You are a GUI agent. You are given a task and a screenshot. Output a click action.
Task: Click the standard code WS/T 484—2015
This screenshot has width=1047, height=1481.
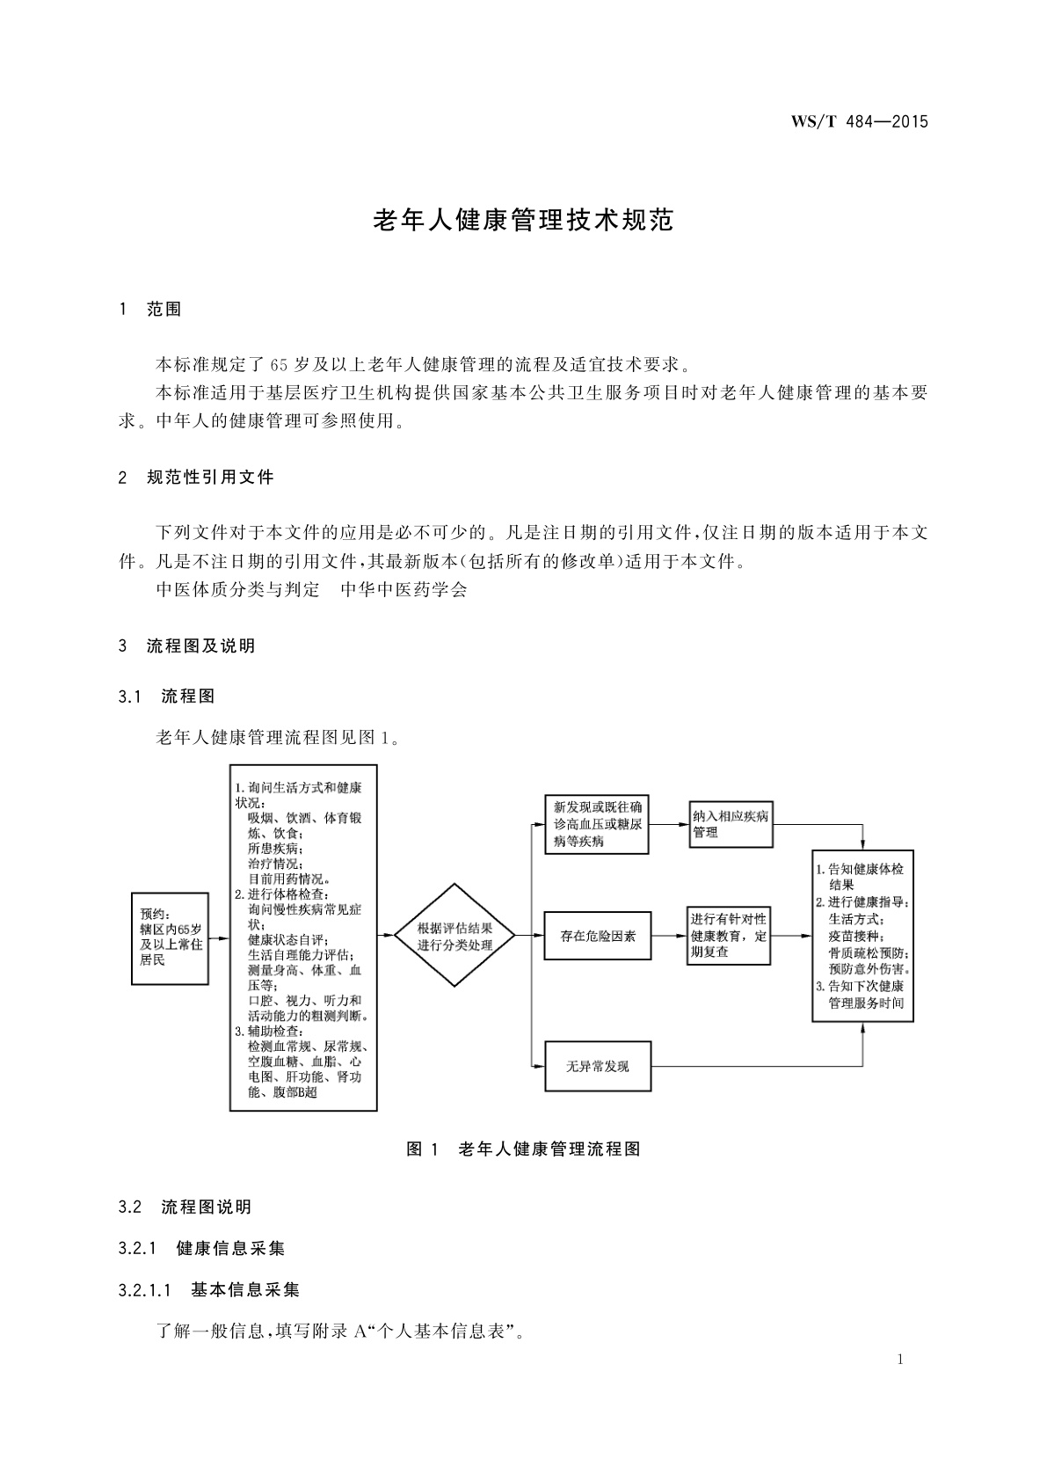[859, 122]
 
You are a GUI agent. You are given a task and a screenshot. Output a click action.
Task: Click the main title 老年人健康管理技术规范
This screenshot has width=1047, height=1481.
[523, 220]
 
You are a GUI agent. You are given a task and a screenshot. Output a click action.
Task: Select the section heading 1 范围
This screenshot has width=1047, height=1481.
[150, 309]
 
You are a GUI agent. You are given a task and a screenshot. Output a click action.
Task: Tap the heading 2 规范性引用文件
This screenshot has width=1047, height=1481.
[196, 478]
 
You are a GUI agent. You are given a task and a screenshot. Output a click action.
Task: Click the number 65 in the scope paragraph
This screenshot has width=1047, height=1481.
[279, 364]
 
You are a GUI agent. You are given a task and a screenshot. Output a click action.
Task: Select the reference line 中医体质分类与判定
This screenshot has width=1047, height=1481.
[238, 589]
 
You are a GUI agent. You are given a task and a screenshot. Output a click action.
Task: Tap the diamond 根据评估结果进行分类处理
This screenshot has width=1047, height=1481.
[454, 936]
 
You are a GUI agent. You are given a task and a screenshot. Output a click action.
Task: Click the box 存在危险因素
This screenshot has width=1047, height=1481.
[598, 937]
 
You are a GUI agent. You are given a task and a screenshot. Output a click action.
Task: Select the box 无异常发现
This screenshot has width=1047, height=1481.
[598, 1066]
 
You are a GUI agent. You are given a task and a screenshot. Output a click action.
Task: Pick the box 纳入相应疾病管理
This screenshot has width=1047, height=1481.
[731, 824]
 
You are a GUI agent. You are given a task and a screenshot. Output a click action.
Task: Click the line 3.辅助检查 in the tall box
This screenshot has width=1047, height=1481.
[271, 1031]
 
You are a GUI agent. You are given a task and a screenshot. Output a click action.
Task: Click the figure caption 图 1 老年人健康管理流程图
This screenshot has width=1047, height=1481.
[523, 1149]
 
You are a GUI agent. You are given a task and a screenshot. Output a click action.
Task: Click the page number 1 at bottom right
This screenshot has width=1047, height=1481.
[900, 1360]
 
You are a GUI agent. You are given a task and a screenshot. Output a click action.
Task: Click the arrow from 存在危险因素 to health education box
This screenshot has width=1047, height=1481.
[670, 937]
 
